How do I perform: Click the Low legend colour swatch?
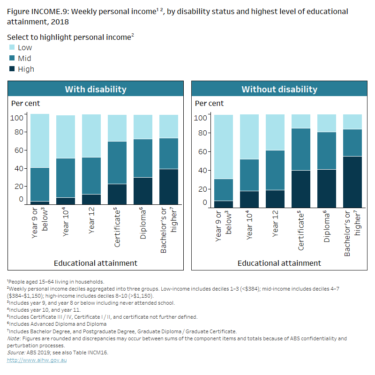click(12, 47)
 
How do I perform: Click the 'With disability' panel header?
click(95, 89)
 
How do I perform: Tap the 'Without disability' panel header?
click(279, 89)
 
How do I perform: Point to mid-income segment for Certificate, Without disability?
click(300, 149)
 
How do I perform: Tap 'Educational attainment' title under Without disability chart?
click(279, 263)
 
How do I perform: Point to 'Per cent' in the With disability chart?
click(25, 103)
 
